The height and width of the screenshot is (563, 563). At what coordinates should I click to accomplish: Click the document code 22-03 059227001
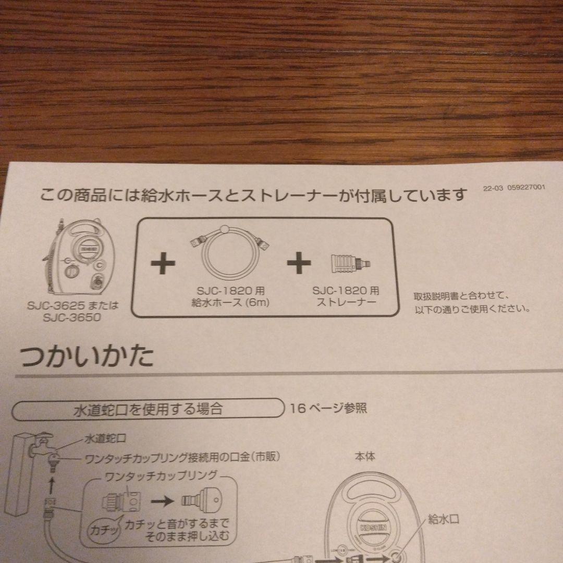click(514, 188)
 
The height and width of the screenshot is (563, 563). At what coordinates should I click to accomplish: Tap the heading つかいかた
click(87, 356)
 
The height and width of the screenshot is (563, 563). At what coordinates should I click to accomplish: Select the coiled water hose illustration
click(230, 252)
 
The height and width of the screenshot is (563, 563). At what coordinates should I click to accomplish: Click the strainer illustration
click(350, 263)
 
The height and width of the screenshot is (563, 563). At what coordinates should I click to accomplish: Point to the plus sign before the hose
click(163, 263)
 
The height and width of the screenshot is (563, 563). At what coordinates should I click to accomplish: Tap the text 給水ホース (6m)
click(230, 302)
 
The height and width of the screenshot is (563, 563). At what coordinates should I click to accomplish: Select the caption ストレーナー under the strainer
click(346, 302)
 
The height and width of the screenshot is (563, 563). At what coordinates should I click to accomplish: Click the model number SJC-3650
click(72, 317)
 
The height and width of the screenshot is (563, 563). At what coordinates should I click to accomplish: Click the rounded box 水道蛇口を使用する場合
click(148, 409)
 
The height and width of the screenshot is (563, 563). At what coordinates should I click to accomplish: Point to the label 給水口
click(444, 519)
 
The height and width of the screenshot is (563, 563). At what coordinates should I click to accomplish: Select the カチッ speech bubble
click(104, 529)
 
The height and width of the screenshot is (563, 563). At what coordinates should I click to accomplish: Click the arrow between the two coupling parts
click(163, 500)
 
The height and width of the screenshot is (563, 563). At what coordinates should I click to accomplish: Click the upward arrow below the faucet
click(51, 485)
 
